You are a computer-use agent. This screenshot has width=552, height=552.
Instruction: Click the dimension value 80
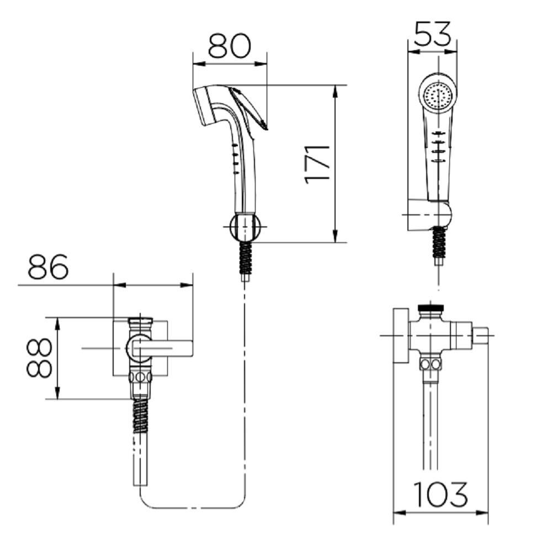[229, 46]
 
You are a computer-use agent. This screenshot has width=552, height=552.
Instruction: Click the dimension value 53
[432, 34]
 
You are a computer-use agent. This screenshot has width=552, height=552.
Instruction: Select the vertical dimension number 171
[317, 164]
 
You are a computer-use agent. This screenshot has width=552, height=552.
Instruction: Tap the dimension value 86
[48, 266]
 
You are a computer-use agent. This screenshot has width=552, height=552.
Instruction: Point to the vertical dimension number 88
[39, 358]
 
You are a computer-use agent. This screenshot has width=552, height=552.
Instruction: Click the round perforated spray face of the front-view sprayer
[438, 94]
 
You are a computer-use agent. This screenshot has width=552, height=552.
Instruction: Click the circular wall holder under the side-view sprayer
[246, 227]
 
